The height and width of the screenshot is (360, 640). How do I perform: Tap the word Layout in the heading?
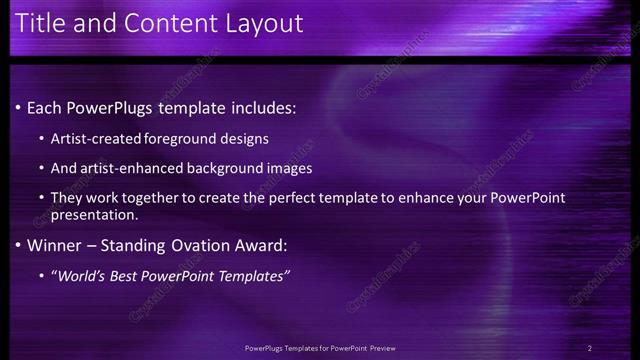coord(264,22)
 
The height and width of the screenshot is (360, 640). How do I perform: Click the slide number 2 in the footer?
coord(590,347)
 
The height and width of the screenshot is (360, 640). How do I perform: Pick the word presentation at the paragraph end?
coord(95,215)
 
